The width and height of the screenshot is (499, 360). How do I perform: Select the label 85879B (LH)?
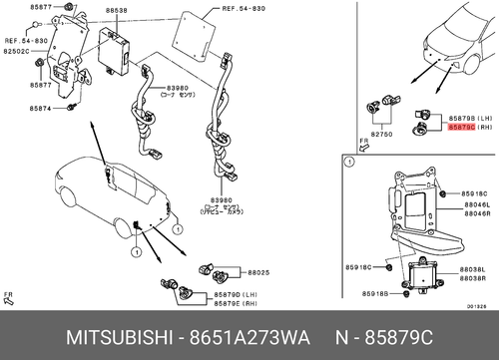[x=463, y=118]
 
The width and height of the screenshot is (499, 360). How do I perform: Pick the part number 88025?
[x=258, y=271]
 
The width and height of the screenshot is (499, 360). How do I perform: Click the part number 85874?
[x=43, y=109]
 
